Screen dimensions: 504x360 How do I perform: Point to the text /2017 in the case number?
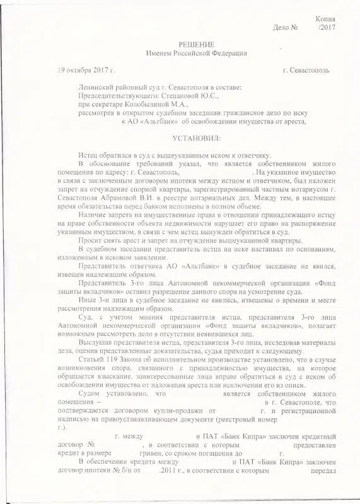[327, 28]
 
